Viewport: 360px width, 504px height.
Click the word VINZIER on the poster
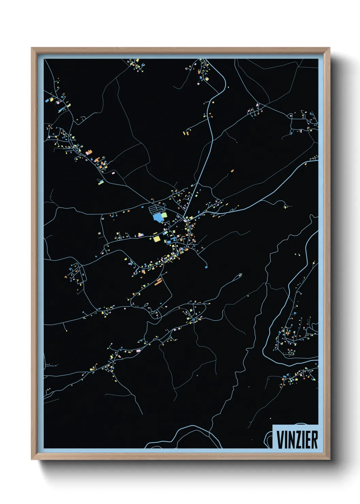297,440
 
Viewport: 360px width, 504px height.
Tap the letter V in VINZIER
281,440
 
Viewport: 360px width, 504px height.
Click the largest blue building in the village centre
158,217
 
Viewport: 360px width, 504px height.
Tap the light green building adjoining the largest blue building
164,215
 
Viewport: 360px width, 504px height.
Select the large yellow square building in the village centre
157,238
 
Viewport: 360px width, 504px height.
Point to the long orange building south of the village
158,281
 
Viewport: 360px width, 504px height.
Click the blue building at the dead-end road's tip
206,267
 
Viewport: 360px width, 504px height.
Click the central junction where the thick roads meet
185,218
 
